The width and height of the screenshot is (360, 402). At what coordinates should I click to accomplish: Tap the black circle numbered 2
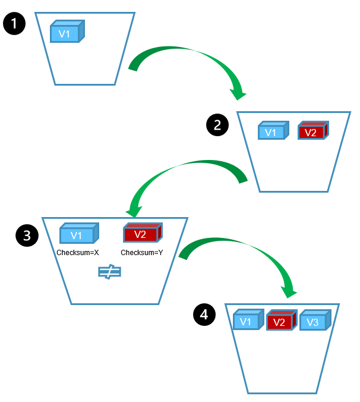[217, 125]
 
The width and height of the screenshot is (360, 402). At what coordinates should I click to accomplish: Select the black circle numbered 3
[27, 235]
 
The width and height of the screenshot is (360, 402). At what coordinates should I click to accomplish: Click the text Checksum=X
[77, 253]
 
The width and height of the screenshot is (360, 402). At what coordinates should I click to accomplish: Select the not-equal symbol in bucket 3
[110, 272]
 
